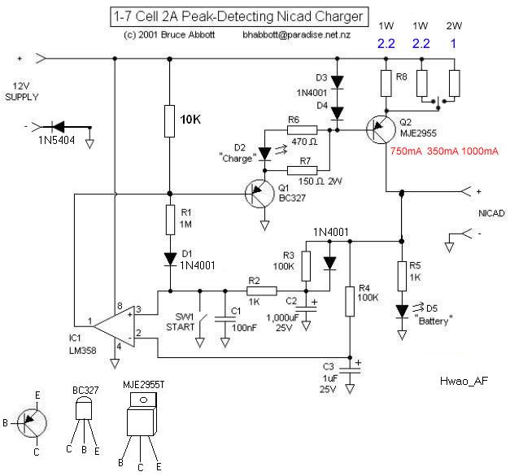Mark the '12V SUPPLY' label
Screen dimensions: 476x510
(22, 91)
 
